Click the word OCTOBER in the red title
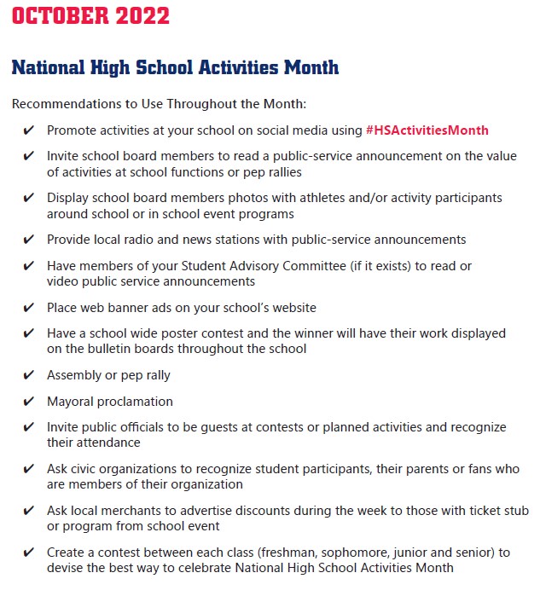61,15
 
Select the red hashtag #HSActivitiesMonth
427,130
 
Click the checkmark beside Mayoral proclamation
29,401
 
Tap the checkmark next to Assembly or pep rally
29,375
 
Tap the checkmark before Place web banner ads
29,307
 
